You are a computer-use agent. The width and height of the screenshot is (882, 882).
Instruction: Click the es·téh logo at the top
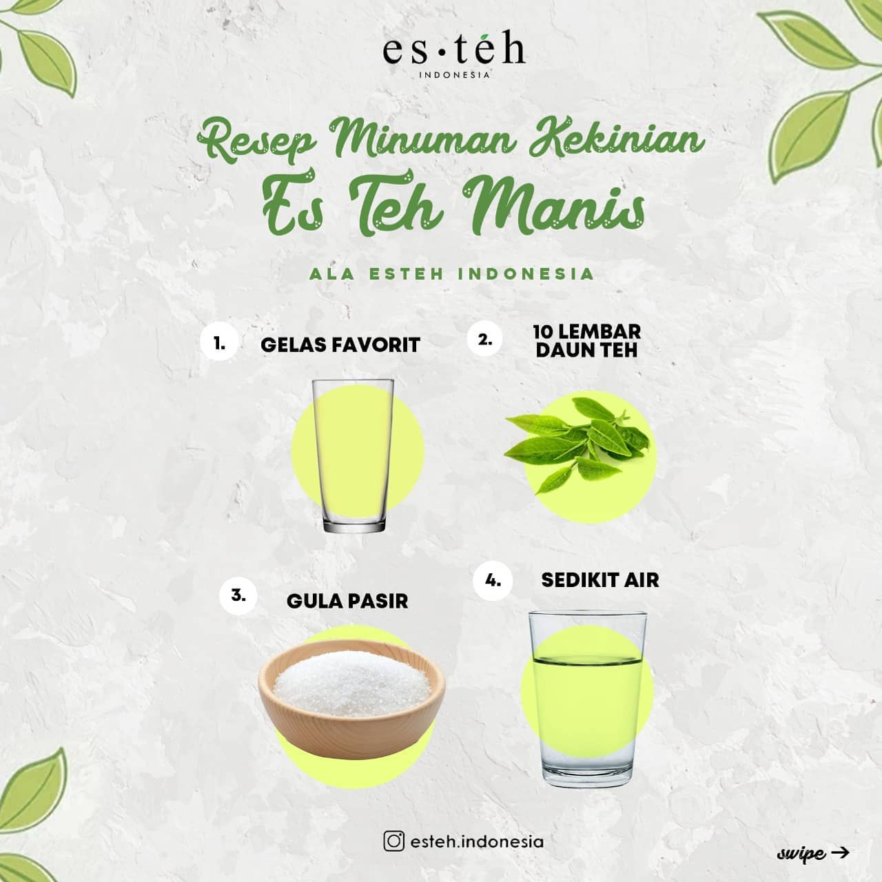click(x=454, y=58)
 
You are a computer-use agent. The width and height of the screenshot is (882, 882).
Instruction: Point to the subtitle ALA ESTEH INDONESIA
click(x=452, y=274)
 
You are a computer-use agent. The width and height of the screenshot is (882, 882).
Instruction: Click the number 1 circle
click(x=219, y=343)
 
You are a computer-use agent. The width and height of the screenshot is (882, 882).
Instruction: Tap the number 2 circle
click(x=484, y=339)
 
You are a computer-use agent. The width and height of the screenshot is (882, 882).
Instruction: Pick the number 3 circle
click(x=238, y=595)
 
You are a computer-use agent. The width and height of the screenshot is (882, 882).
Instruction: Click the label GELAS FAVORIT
click(x=340, y=345)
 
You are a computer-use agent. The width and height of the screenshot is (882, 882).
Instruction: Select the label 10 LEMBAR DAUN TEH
click(x=587, y=341)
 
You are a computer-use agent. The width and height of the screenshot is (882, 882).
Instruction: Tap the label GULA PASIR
click(x=347, y=602)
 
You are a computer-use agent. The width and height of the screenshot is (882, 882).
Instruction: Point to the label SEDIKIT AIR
click(x=600, y=580)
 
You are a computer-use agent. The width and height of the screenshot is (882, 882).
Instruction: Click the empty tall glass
click(x=353, y=456)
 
